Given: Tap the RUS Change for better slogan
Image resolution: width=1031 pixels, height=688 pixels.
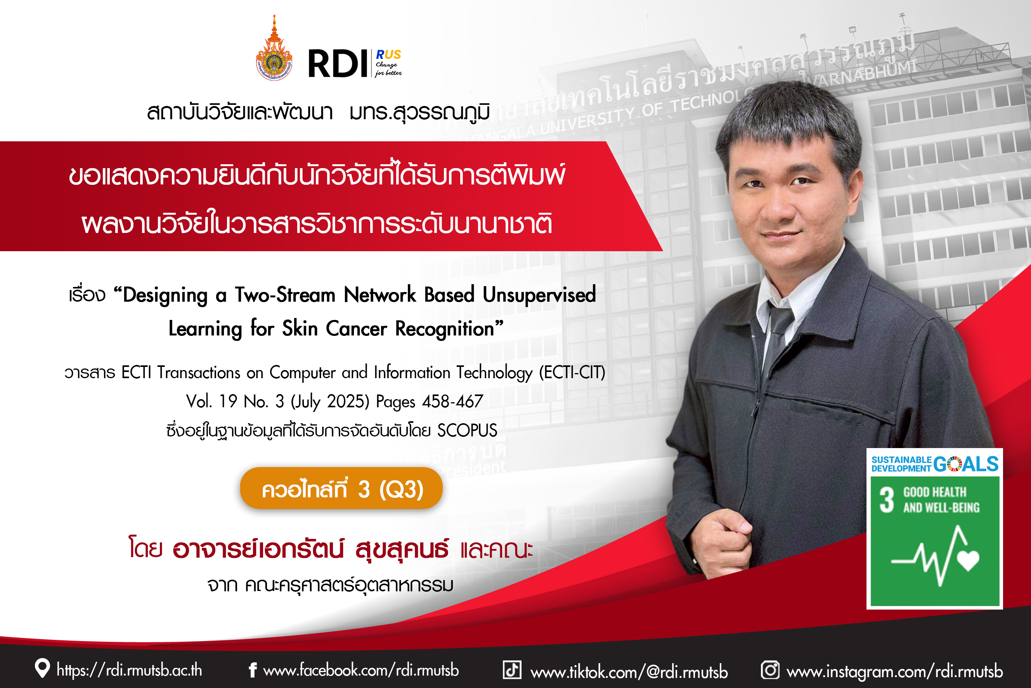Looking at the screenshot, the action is pyautogui.click(x=388, y=63).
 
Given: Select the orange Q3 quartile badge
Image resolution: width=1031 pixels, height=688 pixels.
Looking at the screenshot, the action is pyautogui.click(x=341, y=488).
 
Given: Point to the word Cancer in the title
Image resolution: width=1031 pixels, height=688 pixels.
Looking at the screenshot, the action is pyautogui.click(x=356, y=328).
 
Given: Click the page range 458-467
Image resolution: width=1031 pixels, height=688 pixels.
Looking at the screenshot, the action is pyautogui.click(x=452, y=401).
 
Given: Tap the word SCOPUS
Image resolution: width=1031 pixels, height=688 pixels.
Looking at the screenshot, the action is pyautogui.click(x=467, y=430).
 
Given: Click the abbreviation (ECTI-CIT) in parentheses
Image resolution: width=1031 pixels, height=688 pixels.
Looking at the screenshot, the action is pyautogui.click(x=572, y=372).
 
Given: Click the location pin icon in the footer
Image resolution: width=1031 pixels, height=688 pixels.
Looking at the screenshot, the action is pyautogui.click(x=42, y=668).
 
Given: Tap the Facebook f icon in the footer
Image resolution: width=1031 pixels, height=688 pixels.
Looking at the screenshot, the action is pyautogui.click(x=253, y=670).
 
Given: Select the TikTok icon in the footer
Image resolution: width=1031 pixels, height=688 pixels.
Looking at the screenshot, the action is pyautogui.click(x=512, y=670).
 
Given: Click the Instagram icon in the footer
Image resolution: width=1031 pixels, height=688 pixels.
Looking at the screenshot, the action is pyautogui.click(x=770, y=670).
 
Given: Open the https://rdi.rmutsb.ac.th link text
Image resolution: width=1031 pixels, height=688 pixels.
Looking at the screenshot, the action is pyautogui.click(x=129, y=670).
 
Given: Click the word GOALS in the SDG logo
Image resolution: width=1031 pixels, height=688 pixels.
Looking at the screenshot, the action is pyautogui.click(x=966, y=464).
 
